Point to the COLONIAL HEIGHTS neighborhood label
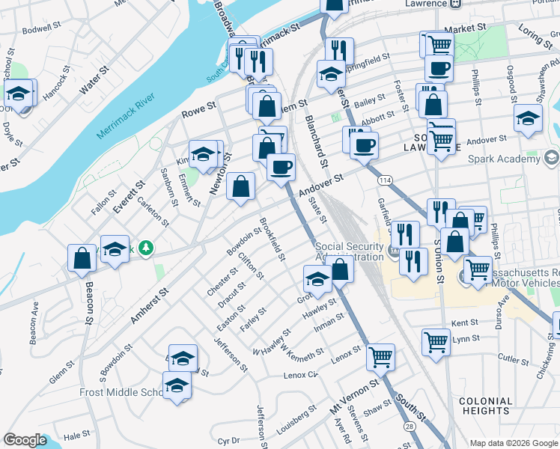[486, 406]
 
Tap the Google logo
[25, 440]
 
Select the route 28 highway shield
[410, 426]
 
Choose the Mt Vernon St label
[356, 400]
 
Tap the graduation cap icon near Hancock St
[19, 94]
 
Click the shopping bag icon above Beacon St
[82, 258]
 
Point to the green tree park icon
[147, 247]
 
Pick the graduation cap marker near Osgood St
[528, 118]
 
